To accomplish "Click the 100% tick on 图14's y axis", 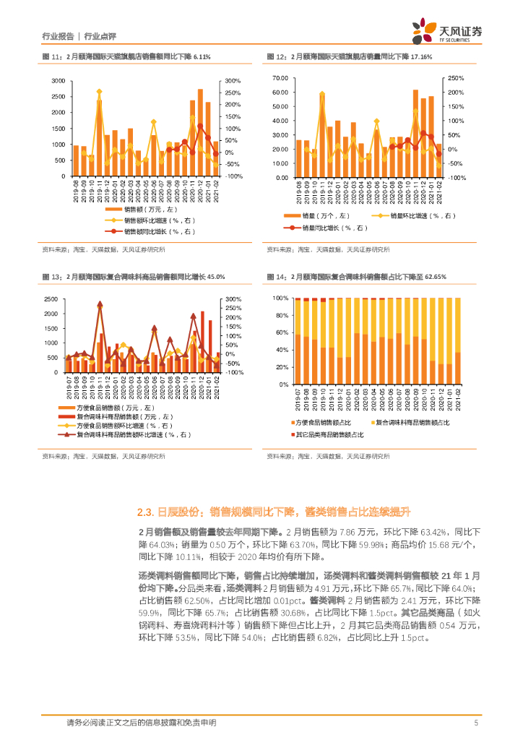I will (282, 298).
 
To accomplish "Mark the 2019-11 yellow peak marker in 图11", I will (99, 92).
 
